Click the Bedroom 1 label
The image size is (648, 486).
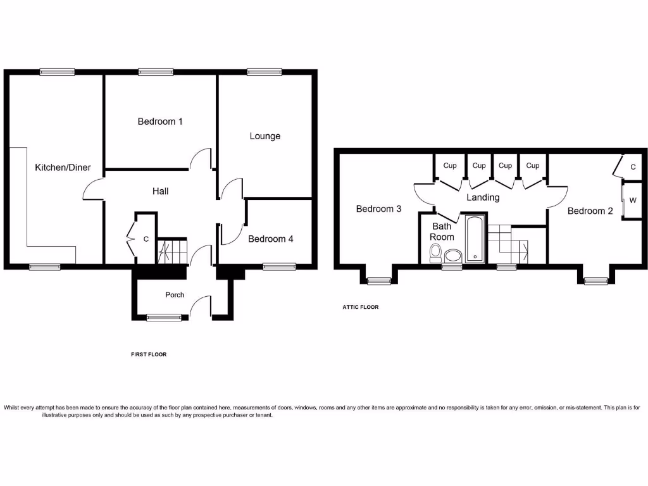point(160,121)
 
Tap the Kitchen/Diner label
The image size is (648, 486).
point(63,168)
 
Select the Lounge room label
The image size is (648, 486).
point(265,136)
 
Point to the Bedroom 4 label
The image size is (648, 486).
point(270,239)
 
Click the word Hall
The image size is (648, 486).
point(160,190)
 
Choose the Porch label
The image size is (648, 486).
point(175,294)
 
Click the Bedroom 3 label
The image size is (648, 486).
point(378,209)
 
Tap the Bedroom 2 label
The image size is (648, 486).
point(590,211)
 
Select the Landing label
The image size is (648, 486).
point(483,197)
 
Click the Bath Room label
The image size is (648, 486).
point(442,232)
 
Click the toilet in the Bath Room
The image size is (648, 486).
point(435,252)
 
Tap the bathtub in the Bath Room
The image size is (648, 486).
point(475,239)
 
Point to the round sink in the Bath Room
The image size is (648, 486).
point(454,256)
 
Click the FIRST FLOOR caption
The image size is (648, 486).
point(149,354)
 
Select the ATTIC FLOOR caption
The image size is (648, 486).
point(361,307)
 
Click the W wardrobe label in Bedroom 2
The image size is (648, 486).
point(632,201)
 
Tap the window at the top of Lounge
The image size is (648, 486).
point(264,72)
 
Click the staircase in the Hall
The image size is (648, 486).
point(172,251)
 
